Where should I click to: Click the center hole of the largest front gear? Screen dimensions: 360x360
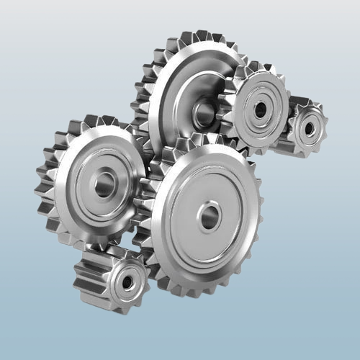209,216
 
